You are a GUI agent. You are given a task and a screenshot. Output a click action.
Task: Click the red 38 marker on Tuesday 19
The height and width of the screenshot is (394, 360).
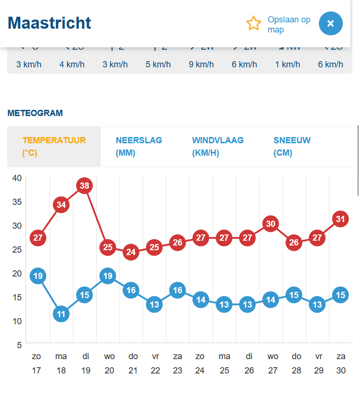tap(85, 185)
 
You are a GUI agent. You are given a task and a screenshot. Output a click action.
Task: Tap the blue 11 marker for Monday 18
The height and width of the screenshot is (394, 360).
tap(61, 314)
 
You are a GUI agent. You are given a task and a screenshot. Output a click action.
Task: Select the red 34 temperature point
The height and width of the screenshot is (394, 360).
tap(61, 204)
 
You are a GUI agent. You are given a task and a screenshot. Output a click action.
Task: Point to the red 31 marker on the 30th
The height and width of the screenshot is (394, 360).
tap(340, 219)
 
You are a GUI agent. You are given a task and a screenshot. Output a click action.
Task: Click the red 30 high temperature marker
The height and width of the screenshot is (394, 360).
tap(271, 224)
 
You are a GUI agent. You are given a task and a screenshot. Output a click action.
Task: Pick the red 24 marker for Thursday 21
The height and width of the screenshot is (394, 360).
tap(131, 252)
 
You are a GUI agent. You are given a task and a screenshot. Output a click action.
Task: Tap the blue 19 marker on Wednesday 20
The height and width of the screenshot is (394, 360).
tap(108, 276)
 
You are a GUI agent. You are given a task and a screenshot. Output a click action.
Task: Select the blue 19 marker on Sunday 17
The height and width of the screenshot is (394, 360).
tap(38, 276)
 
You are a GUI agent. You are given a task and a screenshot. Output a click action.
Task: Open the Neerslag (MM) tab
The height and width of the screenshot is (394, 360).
tap(139, 147)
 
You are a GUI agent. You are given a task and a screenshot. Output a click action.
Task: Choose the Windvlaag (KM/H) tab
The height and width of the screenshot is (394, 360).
tap(218, 147)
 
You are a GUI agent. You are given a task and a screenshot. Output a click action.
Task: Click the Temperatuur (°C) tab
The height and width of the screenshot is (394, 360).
tap(54, 147)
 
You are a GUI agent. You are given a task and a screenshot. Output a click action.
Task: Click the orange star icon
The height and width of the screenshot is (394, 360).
tap(253, 23)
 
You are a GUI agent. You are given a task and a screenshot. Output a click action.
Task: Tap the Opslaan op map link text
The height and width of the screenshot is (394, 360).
tap(289, 24)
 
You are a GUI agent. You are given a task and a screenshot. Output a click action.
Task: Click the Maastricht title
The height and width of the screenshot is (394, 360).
tap(49, 23)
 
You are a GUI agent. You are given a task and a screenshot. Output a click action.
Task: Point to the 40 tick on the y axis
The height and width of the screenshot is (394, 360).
tap(17, 178)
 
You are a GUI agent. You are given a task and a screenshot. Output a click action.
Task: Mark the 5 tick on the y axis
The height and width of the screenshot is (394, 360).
tap(19, 345)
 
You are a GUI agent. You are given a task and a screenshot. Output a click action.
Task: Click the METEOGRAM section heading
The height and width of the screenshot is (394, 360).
tap(35, 113)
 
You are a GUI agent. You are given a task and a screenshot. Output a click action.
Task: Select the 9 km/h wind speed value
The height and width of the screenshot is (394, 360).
tap(201, 64)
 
